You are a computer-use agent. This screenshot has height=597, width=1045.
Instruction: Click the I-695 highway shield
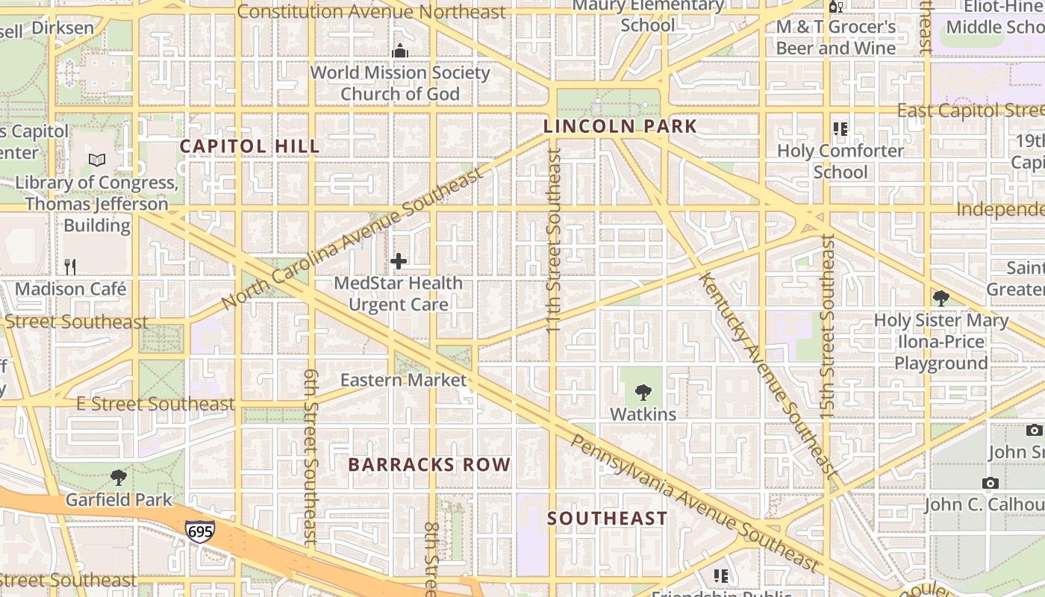[x=200, y=531]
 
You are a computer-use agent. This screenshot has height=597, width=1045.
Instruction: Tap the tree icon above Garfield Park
[x=118, y=478]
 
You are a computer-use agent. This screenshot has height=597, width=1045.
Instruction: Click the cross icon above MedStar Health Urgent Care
[x=399, y=261]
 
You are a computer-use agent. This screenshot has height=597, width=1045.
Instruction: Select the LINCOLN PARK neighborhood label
[x=620, y=126]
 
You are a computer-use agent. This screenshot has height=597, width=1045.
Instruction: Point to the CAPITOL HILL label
[x=249, y=146]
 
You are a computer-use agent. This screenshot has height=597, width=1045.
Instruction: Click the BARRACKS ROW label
[x=429, y=464]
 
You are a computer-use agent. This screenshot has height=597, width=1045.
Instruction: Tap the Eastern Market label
[x=403, y=380]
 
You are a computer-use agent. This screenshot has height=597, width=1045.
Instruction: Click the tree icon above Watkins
[x=643, y=392]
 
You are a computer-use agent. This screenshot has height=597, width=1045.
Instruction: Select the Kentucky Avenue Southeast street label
[x=769, y=373]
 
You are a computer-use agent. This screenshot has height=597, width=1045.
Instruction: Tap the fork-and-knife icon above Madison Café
[x=70, y=266]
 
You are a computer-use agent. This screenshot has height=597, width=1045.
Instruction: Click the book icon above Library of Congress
[x=97, y=160]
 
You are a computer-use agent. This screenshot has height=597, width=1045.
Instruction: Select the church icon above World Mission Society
[x=400, y=51]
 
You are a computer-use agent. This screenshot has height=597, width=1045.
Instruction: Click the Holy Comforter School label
[x=840, y=161]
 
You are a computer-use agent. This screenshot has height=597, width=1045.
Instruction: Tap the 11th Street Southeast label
[x=553, y=239]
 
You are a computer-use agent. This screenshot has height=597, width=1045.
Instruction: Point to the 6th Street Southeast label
[x=311, y=455]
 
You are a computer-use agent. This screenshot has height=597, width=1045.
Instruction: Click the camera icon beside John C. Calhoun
[x=991, y=483]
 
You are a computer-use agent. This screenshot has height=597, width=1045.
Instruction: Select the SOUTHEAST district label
[x=607, y=518]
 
